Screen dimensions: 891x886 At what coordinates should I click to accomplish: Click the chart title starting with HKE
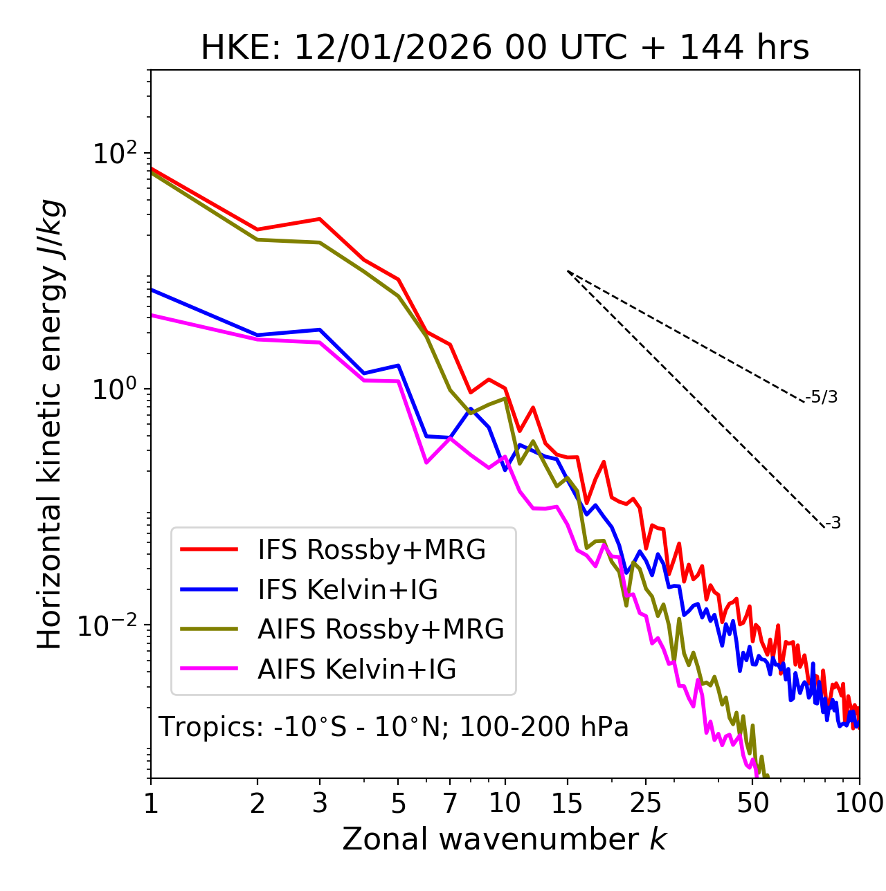tap(505, 48)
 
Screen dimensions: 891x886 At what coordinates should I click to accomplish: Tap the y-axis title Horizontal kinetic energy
tap(50, 424)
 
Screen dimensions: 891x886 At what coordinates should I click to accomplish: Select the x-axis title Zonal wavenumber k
tap(504, 839)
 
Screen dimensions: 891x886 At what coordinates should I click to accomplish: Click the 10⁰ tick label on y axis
tap(114, 389)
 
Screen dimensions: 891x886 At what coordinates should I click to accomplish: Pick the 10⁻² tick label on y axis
tap(111, 625)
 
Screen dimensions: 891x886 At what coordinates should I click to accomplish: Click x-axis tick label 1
tap(151, 803)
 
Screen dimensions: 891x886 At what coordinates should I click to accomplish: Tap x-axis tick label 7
tap(450, 803)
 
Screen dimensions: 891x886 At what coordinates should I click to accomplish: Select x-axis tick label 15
tap(568, 803)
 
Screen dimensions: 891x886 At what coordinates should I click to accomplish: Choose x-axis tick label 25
tap(646, 803)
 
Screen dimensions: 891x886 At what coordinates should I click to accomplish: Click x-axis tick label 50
tap(752, 803)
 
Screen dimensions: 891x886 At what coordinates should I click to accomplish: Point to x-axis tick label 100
tap(859, 803)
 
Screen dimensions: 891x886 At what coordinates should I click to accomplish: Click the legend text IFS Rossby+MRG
tap(372, 550)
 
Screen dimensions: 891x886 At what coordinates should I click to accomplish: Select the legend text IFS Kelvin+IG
tap(347, 589)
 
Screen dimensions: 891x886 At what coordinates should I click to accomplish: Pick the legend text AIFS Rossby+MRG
tap(381, 630)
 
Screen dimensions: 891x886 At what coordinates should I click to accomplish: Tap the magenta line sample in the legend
tap(209, 669)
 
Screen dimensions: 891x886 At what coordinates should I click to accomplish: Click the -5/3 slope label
tap(822, 397)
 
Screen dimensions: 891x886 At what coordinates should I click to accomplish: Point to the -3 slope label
tap(833, 524)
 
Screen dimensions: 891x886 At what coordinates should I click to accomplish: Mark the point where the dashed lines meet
tap(568, 271)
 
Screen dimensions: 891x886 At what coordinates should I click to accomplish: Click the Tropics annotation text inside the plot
tap(394, 727)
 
